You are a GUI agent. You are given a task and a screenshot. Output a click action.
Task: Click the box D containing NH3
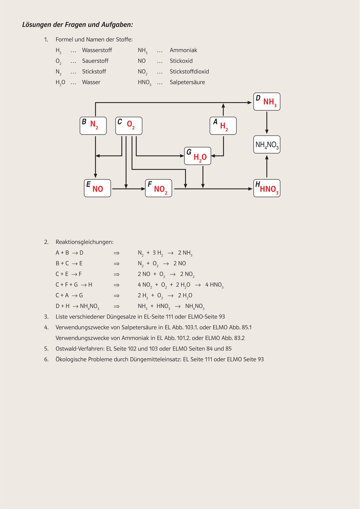coord(267,101)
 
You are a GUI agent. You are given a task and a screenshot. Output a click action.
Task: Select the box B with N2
coord(93,126)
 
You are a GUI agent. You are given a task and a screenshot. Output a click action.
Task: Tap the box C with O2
coord(129,126)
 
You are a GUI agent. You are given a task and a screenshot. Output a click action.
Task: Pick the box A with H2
coord(223,126)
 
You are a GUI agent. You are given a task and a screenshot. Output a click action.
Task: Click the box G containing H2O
coord(198,156)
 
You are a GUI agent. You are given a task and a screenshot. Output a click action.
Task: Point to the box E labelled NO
coord(97,188)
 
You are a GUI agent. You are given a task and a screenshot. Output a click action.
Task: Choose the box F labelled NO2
coord(159,188)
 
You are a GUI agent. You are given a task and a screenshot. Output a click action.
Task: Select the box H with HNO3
coord(267,188)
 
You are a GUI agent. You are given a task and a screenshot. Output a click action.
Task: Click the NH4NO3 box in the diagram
coord(267,144)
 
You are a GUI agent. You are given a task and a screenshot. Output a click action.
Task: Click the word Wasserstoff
coord(97,50)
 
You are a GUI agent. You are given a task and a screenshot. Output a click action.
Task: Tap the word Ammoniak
coord(183,50)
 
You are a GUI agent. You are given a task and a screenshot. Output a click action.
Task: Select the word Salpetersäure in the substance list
coord(187,82)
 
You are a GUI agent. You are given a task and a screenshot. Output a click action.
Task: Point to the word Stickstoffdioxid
coord(189,72)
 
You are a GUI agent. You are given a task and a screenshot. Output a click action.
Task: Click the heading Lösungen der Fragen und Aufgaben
coord(77,25)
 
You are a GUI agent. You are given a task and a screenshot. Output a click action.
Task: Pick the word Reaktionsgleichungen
coord(85,242)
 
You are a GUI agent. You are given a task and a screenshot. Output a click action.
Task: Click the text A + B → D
coord(69,253)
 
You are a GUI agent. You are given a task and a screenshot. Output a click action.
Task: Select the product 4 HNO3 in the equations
coord(214,285)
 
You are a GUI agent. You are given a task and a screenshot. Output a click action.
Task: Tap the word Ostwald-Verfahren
coord(80,348)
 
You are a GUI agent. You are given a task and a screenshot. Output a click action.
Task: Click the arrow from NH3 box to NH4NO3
coord(267,122)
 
